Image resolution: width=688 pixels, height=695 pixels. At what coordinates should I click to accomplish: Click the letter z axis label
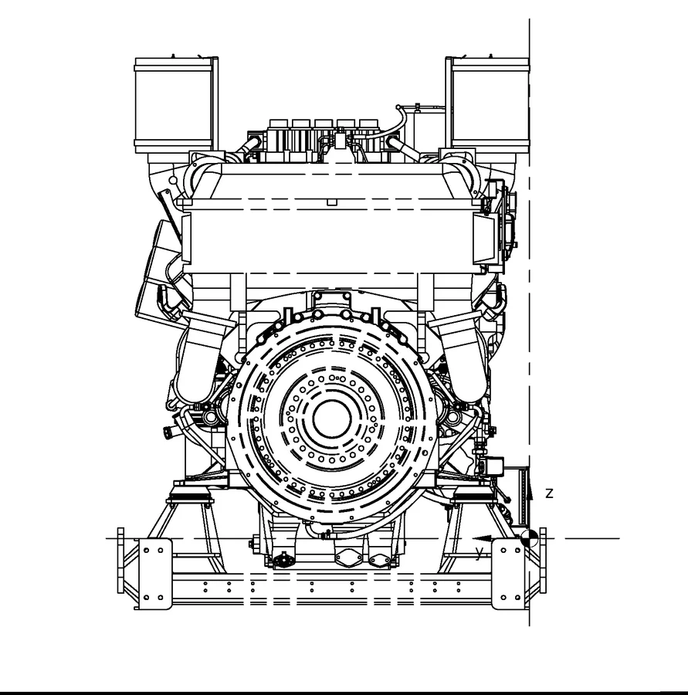pos(549,493)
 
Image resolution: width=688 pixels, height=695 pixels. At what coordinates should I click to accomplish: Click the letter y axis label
pos(479,553)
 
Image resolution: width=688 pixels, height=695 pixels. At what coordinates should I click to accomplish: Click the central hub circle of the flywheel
pos(332,419)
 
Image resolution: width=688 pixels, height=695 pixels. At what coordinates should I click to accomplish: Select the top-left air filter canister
pos(174,105)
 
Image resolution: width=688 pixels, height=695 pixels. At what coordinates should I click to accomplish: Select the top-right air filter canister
pos(490,105)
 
